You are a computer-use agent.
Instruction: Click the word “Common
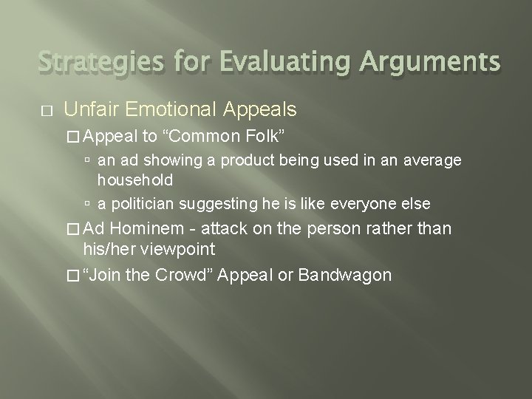tap(201, 136)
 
